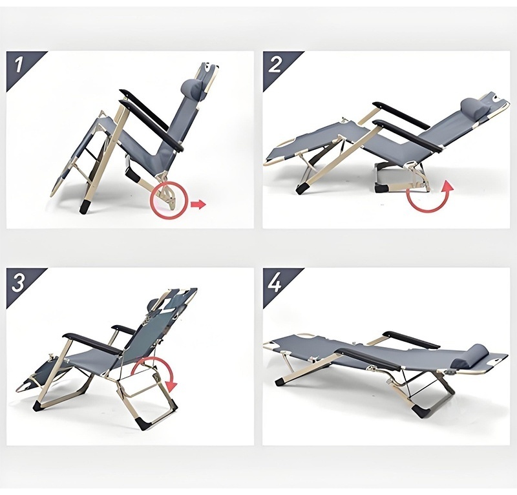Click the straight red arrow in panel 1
tap(198, 204)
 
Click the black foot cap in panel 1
tap(85, 206)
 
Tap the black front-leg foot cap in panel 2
tap(301, 189)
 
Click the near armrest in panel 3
tap(91, 344)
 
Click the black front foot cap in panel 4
tap(280, 382)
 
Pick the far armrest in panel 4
tap(411, 340)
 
